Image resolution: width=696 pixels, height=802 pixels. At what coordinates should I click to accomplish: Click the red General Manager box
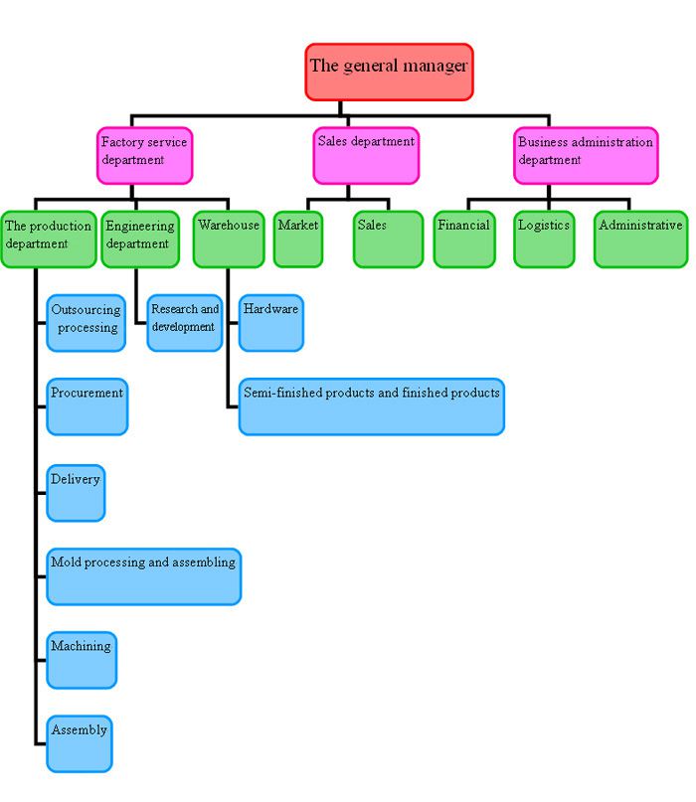click(389, 72)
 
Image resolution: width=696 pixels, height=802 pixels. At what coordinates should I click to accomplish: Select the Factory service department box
click(144, 155)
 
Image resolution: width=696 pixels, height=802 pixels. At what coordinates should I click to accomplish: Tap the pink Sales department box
click(366, 155)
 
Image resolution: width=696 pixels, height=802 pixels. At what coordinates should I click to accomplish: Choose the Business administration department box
click(586, 155)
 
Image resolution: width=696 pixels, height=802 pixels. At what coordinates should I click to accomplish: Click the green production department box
click(48, 239)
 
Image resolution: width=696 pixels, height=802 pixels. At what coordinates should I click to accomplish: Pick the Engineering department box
click(140, 239)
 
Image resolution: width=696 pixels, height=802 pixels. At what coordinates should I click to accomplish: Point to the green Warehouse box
click(229, 239)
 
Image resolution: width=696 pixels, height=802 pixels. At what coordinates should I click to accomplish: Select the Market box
click(298, 239)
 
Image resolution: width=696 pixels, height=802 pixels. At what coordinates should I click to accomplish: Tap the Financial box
click(464, 239)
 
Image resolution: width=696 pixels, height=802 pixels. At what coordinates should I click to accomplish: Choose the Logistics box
click(544, 239)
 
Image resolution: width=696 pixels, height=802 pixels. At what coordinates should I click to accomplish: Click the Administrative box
click(640, 239)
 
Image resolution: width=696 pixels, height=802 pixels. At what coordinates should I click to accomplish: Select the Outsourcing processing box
click(87, 322)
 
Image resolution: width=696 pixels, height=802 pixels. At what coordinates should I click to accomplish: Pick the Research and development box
click(185, 322)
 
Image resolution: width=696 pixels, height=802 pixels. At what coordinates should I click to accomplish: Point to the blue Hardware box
click(271, 322)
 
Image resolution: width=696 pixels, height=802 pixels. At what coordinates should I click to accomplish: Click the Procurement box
click(87, 405)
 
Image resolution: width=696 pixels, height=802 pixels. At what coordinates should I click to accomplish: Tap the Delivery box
click(76, 492)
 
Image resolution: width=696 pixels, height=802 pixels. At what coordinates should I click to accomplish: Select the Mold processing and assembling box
click(144, 575)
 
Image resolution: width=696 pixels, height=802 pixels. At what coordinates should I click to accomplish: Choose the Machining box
click(82, 659)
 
